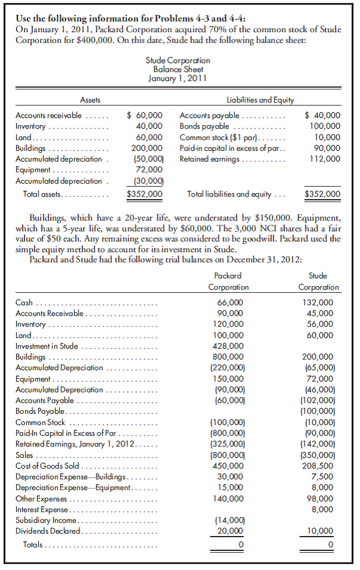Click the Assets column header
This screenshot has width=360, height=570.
[x=90, y=100]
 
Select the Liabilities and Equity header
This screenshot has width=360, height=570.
[x=256, y=100]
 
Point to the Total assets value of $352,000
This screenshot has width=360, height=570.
[x=145, y=194]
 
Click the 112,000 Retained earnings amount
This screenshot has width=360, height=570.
[x=325, y=159]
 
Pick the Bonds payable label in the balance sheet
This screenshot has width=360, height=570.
[x=200, y=126]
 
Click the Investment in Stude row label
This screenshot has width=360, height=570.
[x=46, y=346]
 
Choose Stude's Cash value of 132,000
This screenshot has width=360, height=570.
[x=319, y=303]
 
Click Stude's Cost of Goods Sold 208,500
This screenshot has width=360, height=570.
[x=319, y=466]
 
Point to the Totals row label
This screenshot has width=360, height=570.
[x=35, y=545]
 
